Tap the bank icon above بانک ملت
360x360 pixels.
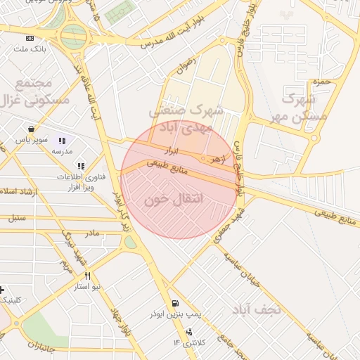[29, 38]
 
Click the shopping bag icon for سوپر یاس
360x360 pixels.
[32, 129]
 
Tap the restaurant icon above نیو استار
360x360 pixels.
[88, 276]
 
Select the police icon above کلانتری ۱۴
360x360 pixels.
[188, 332]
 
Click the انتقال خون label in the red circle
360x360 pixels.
[173, 200]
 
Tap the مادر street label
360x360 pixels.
[91, 233]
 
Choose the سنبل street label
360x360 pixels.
[16, 218]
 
